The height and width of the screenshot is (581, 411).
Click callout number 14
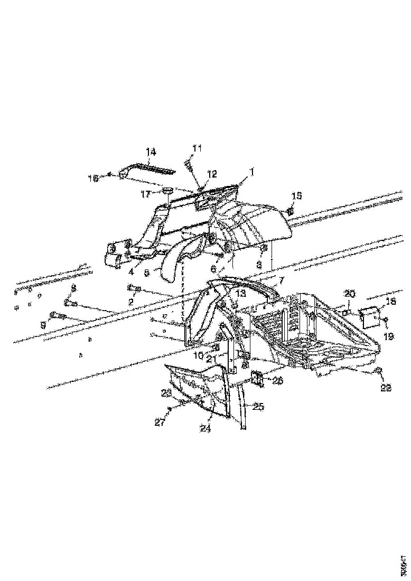point(151,152)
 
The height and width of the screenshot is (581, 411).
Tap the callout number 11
point(197,149)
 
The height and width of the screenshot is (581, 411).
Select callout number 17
point(145,194)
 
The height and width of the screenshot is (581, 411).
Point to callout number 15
point(297,196)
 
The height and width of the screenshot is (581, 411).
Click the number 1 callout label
point(252,172)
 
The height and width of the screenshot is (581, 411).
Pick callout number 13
point(241,293)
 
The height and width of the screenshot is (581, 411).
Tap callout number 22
point(386,387)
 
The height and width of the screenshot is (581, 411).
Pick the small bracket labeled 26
point(258,379)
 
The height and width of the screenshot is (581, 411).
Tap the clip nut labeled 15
point(289,211)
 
